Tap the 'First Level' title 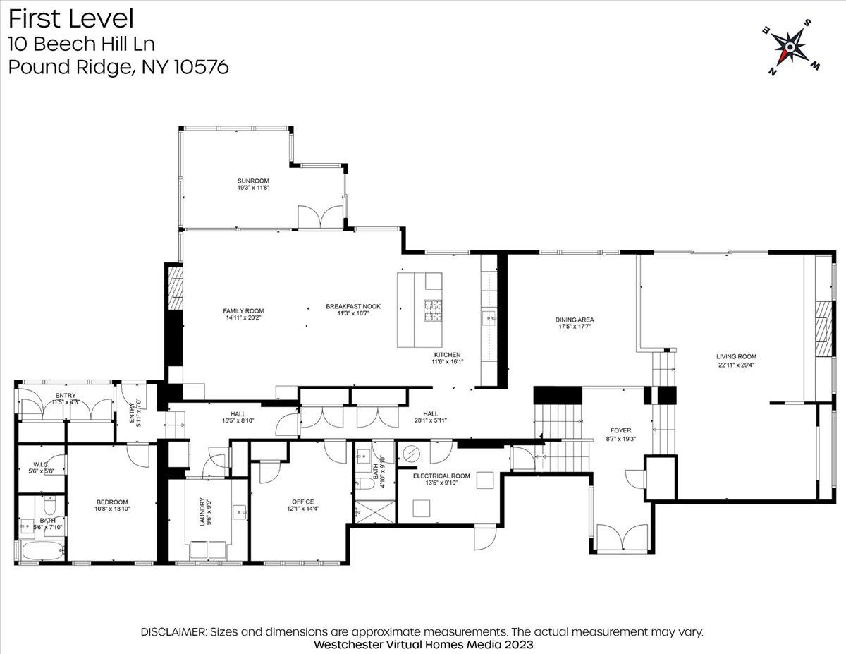(x=71, y=19)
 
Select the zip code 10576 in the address (x=201, y=67)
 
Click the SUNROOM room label (x=254, y=181)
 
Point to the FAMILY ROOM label (x=243, y=311)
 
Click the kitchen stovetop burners (x=433, y=310)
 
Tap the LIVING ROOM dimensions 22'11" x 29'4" (x=736, y=365)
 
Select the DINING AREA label (x=575, y=320)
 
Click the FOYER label (x=621, y=430)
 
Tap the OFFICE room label (x=303, y=502)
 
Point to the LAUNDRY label (x=202, y=511)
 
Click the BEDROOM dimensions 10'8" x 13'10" (x=112, y=509)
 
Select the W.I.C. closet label (x=41, y=464)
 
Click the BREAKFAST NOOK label (x=353, y=307)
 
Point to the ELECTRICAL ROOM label (x=441, y=476)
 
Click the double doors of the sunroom (x=320, y=217)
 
